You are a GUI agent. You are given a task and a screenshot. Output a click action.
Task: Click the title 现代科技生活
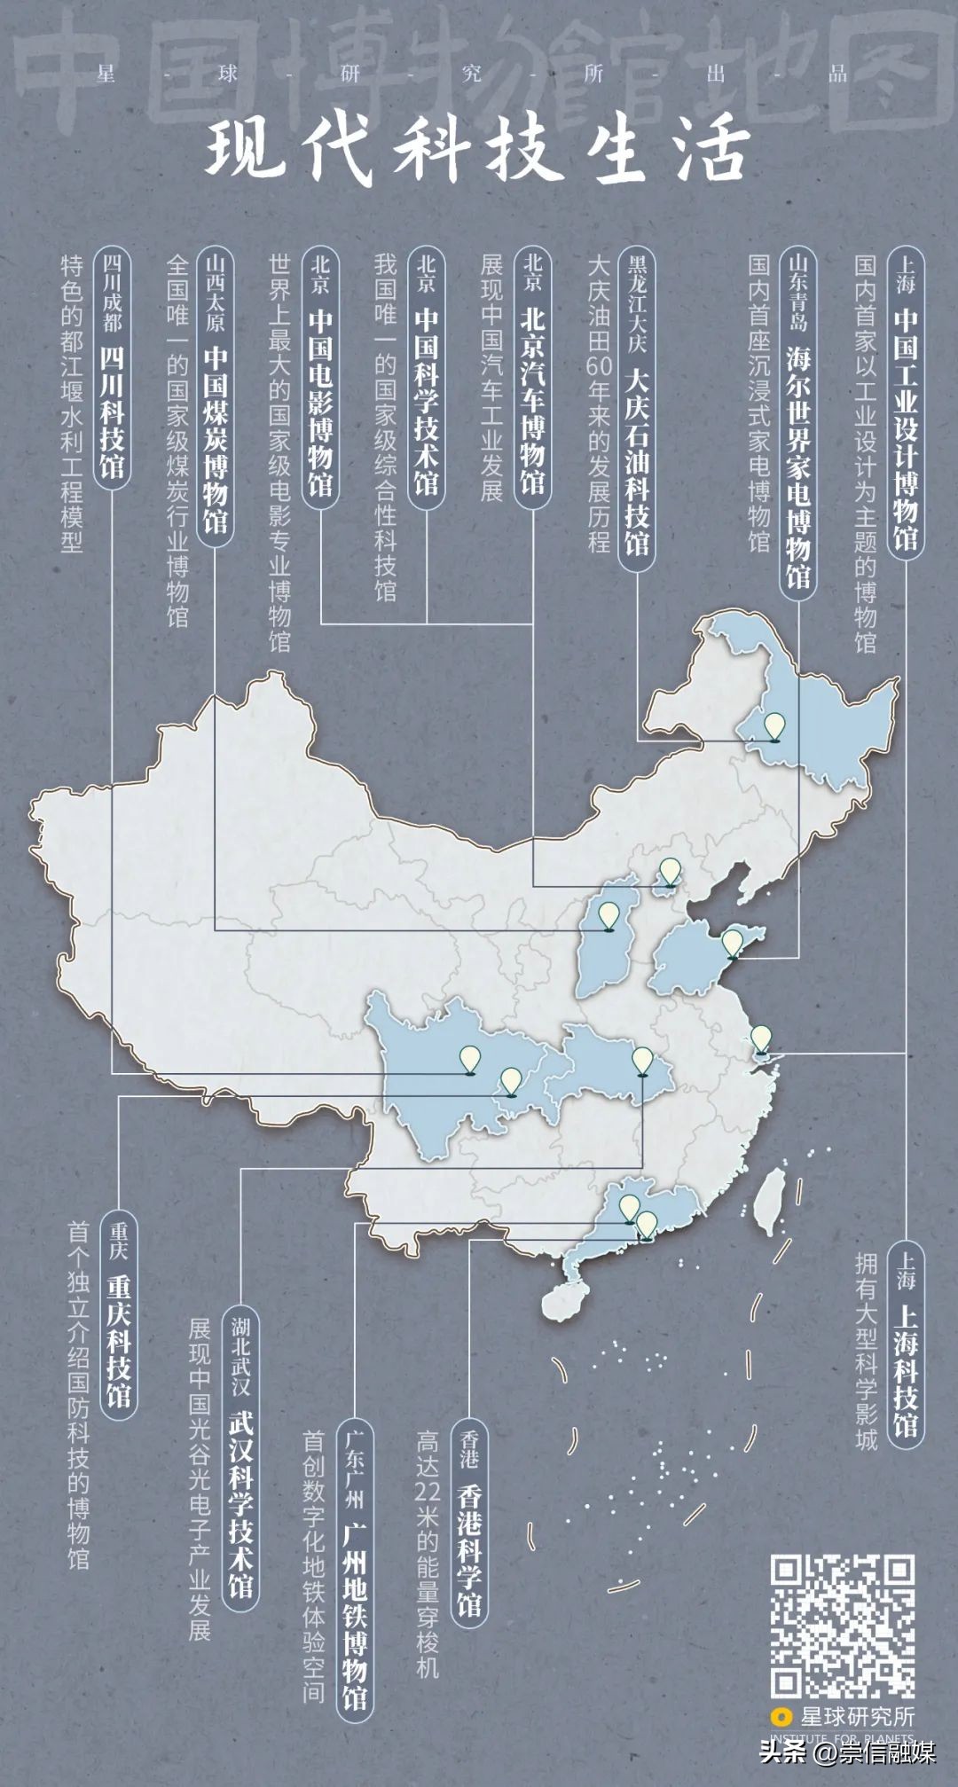coord(479,153)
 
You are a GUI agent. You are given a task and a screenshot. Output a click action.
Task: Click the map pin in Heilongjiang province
coord(775,726)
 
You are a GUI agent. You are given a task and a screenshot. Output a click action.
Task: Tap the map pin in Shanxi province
coord(609,915)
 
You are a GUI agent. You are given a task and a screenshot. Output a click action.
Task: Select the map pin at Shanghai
coord(760,1038)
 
